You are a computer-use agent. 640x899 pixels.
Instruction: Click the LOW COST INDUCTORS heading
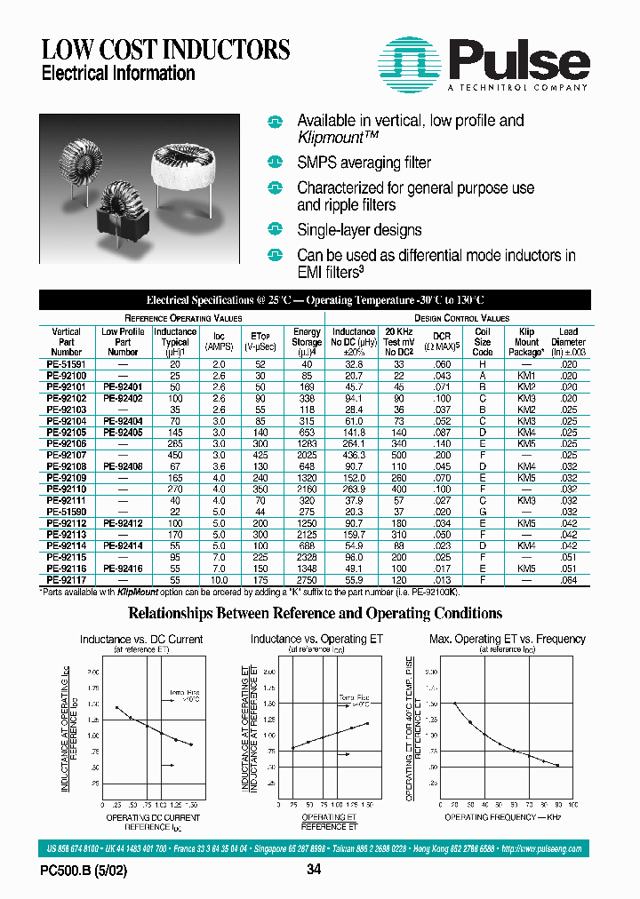point(165,50)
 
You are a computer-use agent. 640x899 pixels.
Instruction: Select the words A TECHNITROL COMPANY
point(516,88)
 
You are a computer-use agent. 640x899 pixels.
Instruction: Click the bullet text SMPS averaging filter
point(364,163)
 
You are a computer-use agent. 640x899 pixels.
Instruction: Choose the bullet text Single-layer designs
point(359,230)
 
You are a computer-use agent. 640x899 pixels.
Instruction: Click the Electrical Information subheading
point(118,74)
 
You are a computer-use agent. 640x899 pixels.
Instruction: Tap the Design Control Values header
point(461,317)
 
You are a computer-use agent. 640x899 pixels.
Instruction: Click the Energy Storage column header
point(307,341)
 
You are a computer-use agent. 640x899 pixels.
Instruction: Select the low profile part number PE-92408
point(123,465)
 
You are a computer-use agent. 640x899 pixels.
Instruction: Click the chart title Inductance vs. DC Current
point(141,639)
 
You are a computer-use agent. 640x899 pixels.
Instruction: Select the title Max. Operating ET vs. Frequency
point(507,639)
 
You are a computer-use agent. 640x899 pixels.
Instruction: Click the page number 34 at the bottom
point(313,871)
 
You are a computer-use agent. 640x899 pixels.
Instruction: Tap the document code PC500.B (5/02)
point(84,871)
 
